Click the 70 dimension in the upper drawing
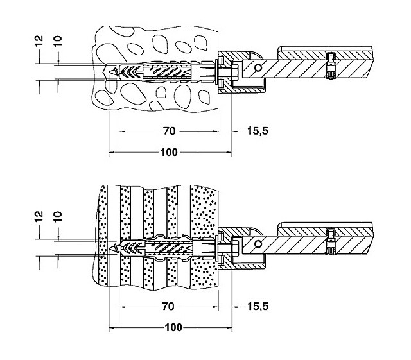168,132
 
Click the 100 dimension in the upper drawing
169,153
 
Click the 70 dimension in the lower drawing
170,307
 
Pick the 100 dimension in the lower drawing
170,327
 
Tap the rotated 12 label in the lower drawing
39,216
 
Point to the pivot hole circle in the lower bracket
258,243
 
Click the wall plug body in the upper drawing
164,72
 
